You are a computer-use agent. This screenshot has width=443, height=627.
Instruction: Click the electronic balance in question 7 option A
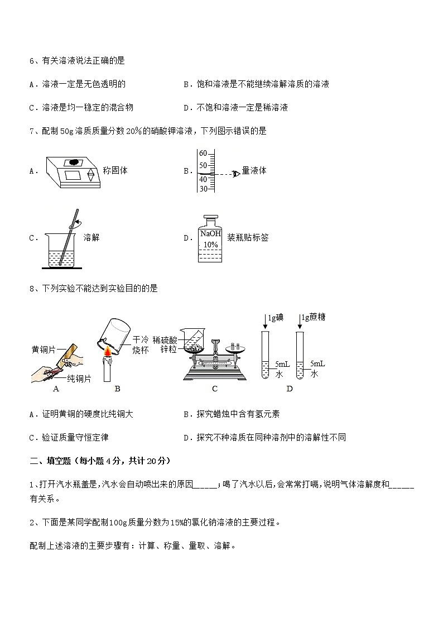pos(71,170)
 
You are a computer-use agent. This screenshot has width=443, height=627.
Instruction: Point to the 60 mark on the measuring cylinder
pos(203,154)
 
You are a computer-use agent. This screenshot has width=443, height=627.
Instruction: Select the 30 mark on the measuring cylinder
pos(203,189)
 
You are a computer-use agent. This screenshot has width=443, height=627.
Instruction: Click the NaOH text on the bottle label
pos(210,234)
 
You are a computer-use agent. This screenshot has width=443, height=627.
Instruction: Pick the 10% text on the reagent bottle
pos(210,245)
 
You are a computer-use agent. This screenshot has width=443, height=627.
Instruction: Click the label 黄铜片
pos(43,350)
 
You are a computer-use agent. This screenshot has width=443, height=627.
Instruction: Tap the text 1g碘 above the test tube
pos(276,318)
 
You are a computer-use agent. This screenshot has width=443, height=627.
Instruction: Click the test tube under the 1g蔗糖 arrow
pos(300,357)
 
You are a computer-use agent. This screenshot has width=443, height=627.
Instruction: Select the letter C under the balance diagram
pos(215,389)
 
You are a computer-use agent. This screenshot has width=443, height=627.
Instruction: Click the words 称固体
pos(115,170)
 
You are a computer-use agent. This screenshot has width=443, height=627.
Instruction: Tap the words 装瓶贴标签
pos(248,238)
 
